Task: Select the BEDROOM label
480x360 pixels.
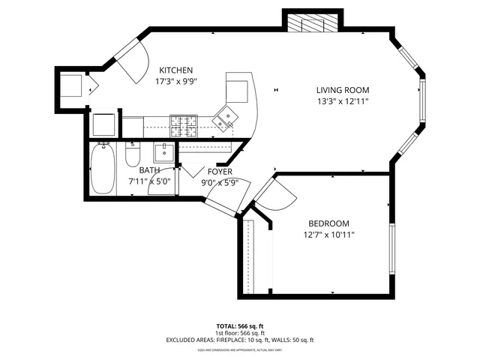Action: point(329,223)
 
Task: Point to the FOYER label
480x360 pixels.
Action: point(220,172)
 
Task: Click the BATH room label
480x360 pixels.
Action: point(149,170)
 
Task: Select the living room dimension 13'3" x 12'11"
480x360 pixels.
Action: point(343,100)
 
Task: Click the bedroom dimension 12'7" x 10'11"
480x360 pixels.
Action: point(329,234)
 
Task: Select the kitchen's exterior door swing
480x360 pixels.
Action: point(130,58)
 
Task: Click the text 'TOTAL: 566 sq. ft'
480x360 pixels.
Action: point(239,326)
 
